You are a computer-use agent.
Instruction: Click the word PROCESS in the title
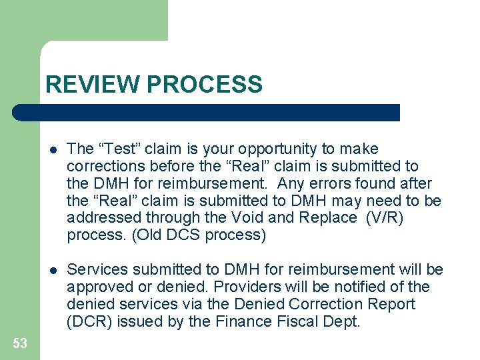[204, 85]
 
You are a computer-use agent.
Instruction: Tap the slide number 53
[20, 343]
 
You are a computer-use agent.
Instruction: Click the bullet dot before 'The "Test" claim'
[54, 149]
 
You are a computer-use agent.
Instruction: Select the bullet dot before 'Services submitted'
[54, 270]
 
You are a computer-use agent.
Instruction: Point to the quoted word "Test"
[119, 149]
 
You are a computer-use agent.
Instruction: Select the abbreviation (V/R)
[386, 217]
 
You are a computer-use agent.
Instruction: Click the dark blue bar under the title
[206, 113]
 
